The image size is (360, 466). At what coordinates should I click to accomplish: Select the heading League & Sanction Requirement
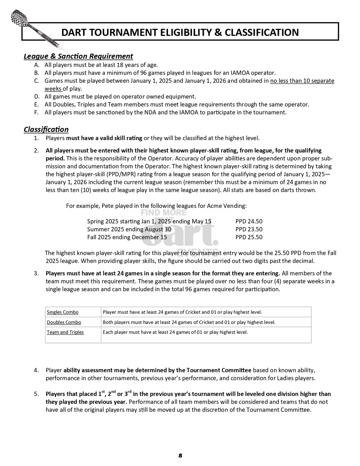[78, 56]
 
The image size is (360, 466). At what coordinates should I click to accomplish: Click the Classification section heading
[46, 129]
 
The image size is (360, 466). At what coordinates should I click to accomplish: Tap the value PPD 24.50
[249, 222]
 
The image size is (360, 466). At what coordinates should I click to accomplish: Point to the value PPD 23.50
[249, 229]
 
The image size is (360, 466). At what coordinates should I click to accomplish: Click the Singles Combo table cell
[62, 312]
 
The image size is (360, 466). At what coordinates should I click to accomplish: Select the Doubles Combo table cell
[64, 322]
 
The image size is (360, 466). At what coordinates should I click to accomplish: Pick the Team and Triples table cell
[65, 332]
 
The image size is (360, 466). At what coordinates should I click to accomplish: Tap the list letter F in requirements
[36, 112]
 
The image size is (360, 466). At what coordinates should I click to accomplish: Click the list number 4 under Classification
[36, 370]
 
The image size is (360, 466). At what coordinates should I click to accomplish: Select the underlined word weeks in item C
[53, 89]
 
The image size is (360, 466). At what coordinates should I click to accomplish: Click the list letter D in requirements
[37, 97]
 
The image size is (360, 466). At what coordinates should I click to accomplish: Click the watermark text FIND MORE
[164, 213]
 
